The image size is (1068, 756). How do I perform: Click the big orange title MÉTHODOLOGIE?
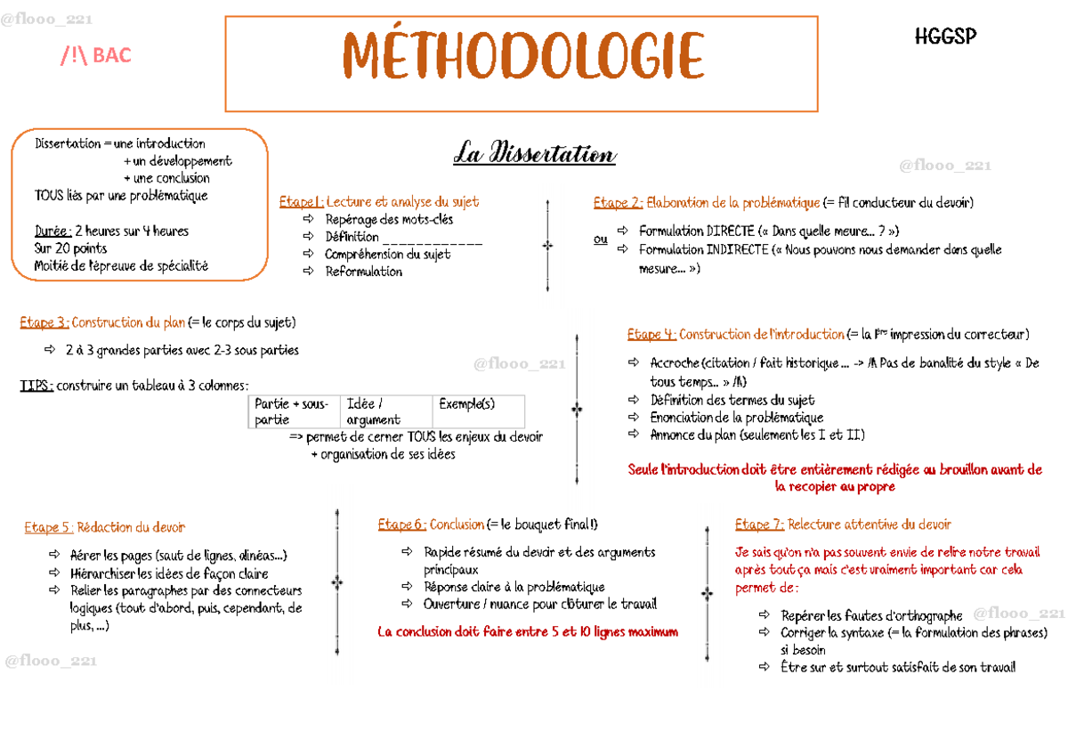522,58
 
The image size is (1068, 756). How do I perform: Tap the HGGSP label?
945,37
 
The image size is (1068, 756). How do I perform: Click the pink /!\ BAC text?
95,56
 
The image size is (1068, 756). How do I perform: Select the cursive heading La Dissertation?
534,154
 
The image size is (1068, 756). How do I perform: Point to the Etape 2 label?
618,203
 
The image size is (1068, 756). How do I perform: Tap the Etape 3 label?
44,322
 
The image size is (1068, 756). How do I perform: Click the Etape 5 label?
49,528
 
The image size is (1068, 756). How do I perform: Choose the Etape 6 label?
401,524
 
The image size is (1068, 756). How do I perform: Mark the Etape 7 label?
759,524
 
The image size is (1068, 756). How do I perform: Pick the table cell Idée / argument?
374,411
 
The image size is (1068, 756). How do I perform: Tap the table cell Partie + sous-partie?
291,411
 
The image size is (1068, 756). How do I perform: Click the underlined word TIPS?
36,386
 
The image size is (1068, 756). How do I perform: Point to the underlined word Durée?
53,232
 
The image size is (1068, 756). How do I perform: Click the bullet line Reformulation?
363,272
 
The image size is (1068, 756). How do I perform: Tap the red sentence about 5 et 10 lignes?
528,631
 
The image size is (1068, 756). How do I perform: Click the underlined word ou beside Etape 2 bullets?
601,240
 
